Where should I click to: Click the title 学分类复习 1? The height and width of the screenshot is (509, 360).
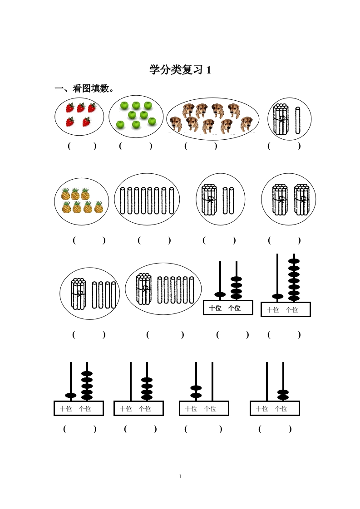point(180,70)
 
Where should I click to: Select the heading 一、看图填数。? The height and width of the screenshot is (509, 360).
point(84,88)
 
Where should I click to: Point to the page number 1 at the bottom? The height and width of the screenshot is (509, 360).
point(180,476)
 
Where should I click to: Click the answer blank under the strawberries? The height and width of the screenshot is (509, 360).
point(82,146)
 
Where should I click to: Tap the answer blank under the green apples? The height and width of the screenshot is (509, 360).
point(135,146)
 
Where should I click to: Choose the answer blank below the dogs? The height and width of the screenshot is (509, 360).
point(201,146)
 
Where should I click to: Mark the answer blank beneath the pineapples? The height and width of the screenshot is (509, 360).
point(89,240)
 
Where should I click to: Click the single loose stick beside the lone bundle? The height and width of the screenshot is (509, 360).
point(298,120)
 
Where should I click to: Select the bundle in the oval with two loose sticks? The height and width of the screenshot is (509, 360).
point(209,200)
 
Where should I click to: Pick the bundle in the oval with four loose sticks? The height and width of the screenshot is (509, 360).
point(79,294)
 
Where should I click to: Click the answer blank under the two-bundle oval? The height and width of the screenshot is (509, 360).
point(284,240)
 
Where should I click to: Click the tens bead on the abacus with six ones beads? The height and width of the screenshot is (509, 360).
point(277,296)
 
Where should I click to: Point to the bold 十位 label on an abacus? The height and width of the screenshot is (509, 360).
point(215,308)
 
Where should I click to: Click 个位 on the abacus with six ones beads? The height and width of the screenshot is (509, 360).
point(292,310)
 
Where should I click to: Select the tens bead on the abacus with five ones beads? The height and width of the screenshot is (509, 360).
point(71,395)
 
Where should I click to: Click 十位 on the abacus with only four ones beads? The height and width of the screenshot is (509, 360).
point(126,409)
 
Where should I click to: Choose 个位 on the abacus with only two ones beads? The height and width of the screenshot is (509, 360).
point(281,409)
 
